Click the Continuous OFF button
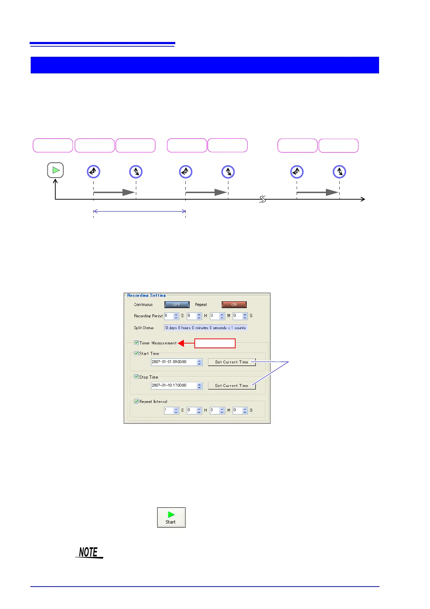[x=177, y=304]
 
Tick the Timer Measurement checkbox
[x=136, y=343]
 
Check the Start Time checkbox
[x=136, y=353]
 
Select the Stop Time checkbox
[x=136, y=377]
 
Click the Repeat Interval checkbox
[x=136, y=401]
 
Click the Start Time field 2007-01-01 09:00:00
[x=173, y=362]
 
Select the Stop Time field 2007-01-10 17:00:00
[x=173, y=386]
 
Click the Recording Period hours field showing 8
[x=191, y=316]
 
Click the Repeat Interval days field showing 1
[x=168, y=410]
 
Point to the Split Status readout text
[x=206, y=328]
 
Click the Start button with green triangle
[x=171, y=517]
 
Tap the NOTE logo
[x=89, y=552]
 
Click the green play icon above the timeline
[x=56, y=170]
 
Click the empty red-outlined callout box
[x=215, y=343]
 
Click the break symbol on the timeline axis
[x=263, y=199]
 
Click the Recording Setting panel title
[x=146, y=295]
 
